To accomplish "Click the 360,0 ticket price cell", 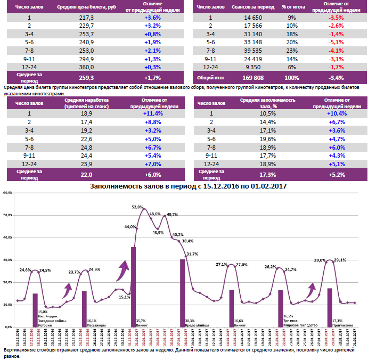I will coord(86,67).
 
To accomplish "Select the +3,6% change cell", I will coord(152,18).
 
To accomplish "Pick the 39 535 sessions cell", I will coord(253,51).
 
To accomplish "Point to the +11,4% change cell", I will coord(152,113).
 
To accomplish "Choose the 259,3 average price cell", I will coord(86,77).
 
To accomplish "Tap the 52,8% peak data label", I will coord(137,207).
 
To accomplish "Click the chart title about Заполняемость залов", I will coord(189,186).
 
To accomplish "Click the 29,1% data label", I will coord(339,260).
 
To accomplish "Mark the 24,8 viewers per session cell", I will coord(86,146).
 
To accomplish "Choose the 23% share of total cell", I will coord(292,51).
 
